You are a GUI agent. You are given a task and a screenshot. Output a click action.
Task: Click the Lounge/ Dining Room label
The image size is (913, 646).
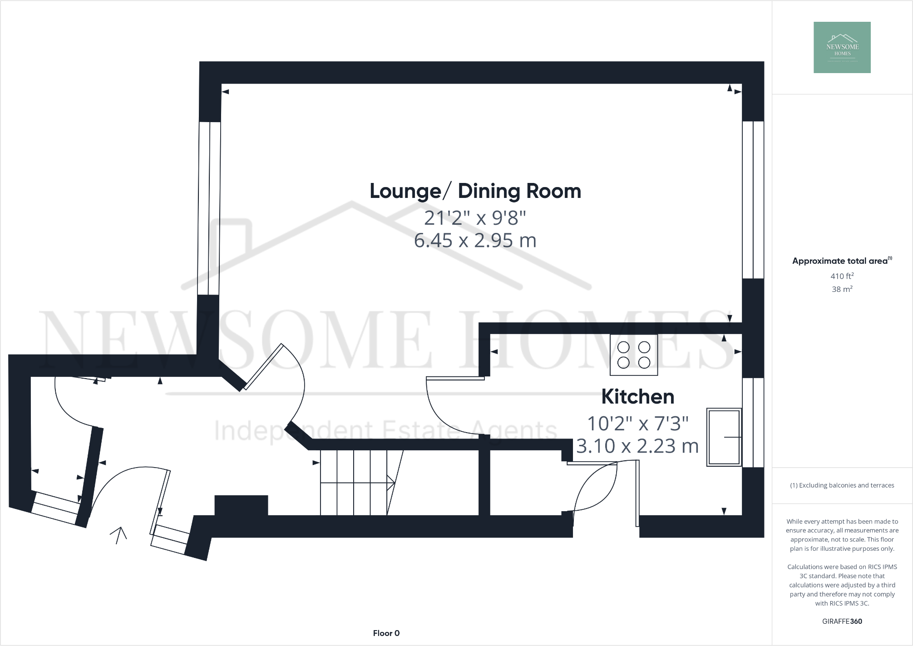coord(475,191)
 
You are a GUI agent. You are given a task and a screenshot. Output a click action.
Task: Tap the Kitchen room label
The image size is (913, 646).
coord(637,397)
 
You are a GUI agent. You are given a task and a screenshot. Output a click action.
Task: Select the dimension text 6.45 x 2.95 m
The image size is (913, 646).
coord(475,240)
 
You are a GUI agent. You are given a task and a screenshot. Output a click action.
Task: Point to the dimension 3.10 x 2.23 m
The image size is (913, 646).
coord(637,446)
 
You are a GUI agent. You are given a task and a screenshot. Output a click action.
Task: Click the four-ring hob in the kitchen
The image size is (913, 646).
coord(634,355)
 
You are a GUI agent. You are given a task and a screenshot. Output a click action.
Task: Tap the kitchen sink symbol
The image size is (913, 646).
coord(724,437)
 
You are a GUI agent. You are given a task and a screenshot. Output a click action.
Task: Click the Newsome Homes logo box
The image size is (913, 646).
coord(842,47)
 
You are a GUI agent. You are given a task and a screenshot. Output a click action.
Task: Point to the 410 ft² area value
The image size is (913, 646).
coord(842,276)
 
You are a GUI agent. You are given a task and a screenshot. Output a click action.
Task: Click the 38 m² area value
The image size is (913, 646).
coord(842,289)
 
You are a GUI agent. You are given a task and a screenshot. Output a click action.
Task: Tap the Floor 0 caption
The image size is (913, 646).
coord(386,633)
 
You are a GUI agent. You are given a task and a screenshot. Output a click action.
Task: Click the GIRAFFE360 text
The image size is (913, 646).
coord(842,621)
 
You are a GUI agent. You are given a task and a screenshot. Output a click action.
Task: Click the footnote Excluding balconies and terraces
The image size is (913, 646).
coord(842,485)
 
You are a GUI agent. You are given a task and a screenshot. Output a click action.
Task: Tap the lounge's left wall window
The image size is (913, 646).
coord(209,208)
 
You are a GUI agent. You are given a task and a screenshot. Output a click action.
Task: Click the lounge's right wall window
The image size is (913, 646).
coord(753,199)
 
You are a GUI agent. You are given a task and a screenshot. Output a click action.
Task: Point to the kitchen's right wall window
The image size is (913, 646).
coord(753,423)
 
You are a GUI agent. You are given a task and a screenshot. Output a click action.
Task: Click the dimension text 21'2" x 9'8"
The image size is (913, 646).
coord(475,218)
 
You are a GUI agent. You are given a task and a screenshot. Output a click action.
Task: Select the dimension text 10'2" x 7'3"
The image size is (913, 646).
coord(637,424)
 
